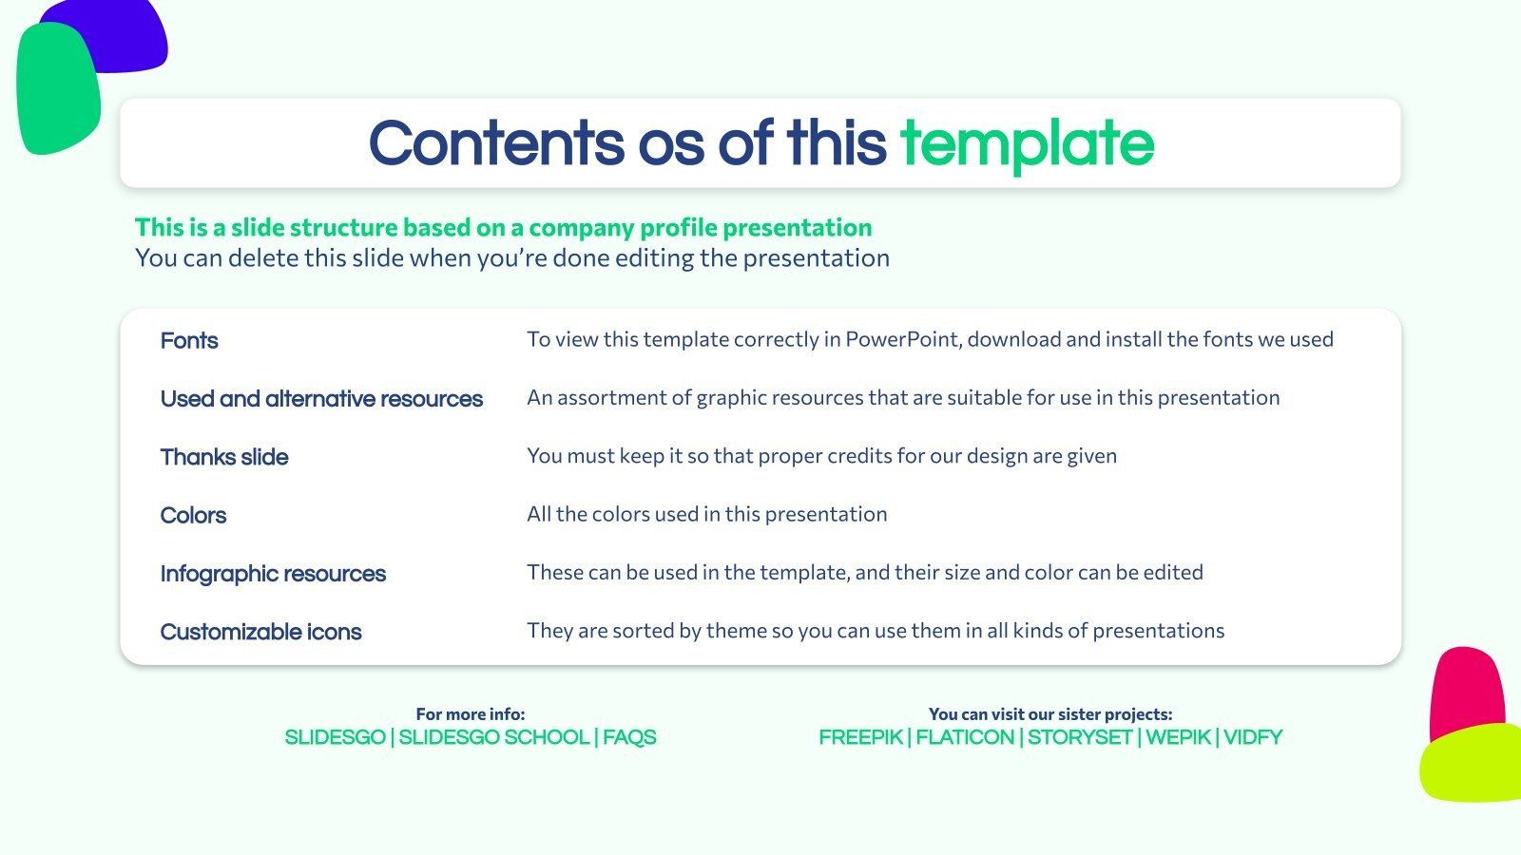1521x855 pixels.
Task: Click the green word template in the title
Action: point(1027,143)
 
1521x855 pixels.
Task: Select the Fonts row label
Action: point(189,340)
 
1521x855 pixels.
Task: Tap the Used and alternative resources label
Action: point(321,399)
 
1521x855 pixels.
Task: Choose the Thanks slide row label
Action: point(224,457)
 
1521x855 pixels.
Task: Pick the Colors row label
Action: point(193,515)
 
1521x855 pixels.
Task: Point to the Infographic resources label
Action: point(273,574)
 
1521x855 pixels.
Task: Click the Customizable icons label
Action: point(260,632)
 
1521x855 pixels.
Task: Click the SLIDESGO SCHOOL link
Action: point(493,737)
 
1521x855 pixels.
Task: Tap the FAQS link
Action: point(629,737)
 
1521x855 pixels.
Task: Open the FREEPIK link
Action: point(860,737)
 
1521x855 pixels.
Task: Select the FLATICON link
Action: point(965,737)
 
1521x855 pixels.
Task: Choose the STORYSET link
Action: point(1079,737)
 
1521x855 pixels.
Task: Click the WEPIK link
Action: point(1178,737)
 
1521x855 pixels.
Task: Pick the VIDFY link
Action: point(1253,737)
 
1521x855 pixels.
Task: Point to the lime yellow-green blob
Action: point(1473,765)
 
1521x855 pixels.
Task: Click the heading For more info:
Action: point(470,713)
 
